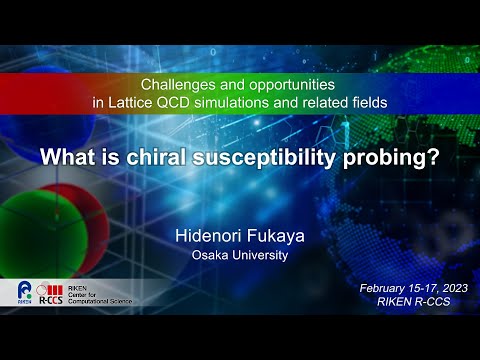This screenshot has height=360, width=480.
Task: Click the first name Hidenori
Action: tap(207, 237)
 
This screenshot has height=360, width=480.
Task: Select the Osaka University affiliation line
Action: tap(240, 256)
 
